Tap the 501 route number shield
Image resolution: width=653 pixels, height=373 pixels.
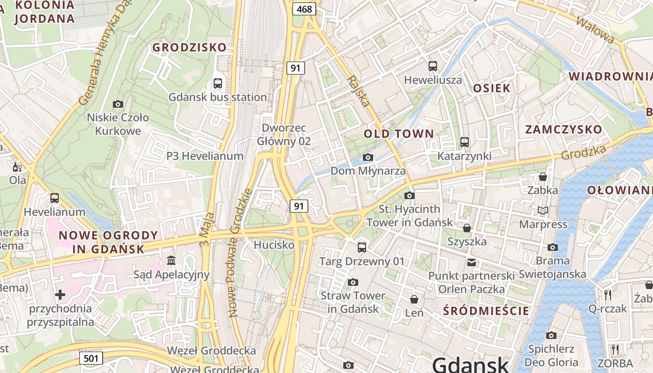[x=91, y=358]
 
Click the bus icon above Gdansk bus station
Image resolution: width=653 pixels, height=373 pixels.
[x=217, y=83]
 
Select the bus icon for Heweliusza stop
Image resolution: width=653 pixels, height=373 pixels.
[x=433, y=66]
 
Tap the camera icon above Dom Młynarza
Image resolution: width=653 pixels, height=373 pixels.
[x=368, y=157]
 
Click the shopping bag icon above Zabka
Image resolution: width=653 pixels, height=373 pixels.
[x=542, y=177]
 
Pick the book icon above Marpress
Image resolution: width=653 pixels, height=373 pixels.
[x=542, y=211]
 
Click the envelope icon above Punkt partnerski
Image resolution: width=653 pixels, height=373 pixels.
[x=472, y=262]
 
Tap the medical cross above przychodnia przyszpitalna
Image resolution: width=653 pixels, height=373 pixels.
[x=60, y=295]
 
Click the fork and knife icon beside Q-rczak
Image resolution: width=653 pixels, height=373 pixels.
[x=607, y=295]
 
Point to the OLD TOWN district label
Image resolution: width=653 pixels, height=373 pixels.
[x=399, y=134]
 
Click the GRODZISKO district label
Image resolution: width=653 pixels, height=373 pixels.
[x=189, y=47]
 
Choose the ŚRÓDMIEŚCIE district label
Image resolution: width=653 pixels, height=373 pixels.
[x=486, y=311]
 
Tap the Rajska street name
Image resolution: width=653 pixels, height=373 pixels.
[x=359, y=91]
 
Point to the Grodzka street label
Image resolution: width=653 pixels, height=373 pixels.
[x=584, y=152]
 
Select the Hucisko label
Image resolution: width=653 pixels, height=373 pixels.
[x=274, y=245]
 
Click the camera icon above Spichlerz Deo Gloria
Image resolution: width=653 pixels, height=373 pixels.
[x=551, y=335]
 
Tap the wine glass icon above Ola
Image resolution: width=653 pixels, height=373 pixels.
[x=17, y=167]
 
